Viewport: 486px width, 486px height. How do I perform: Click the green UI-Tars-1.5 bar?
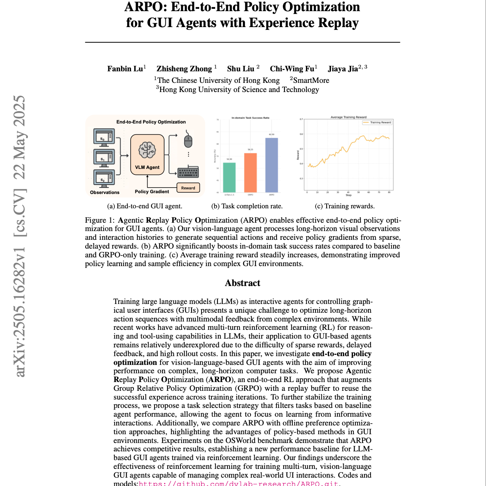pyautogui.click(x=229, y=177)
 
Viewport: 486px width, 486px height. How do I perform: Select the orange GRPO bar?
pyautogui.click(x=250, y=172)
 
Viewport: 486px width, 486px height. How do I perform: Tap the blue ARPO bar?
pyautogui.click(x=272, y=165)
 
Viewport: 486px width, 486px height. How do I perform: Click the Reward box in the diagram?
pyautogui.click(x=188, y=188)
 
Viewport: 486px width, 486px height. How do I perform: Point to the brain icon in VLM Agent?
pyautogui.click(x=147, y=150)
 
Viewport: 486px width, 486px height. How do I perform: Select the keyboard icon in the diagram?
pyautogui.click(x=188, y=172)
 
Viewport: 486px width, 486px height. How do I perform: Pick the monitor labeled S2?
pyautogui.click(x=104, y=178)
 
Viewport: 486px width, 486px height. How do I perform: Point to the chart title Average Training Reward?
pyautogui.click(x=349, y=117)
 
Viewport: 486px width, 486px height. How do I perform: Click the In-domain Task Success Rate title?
pyautogui.click(x=250, y=118)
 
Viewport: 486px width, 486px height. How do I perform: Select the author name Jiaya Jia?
pyautogui.click(x=343, y=69)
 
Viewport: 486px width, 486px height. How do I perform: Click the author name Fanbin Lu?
pyautogui.click(x=125, y=69)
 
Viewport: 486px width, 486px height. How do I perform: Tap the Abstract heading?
pyautogui.click(x=242, y=283)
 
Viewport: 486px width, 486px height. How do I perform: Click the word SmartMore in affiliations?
pyautogui.click(x=311, y=80)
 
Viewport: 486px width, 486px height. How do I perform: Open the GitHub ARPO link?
pyautogui.click(x=238, y=484)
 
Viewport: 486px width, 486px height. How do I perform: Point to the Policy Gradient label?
pyautogui.click(x=152, y=192)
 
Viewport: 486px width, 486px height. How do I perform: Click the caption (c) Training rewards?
pyautogui.click(x=345, y=206)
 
